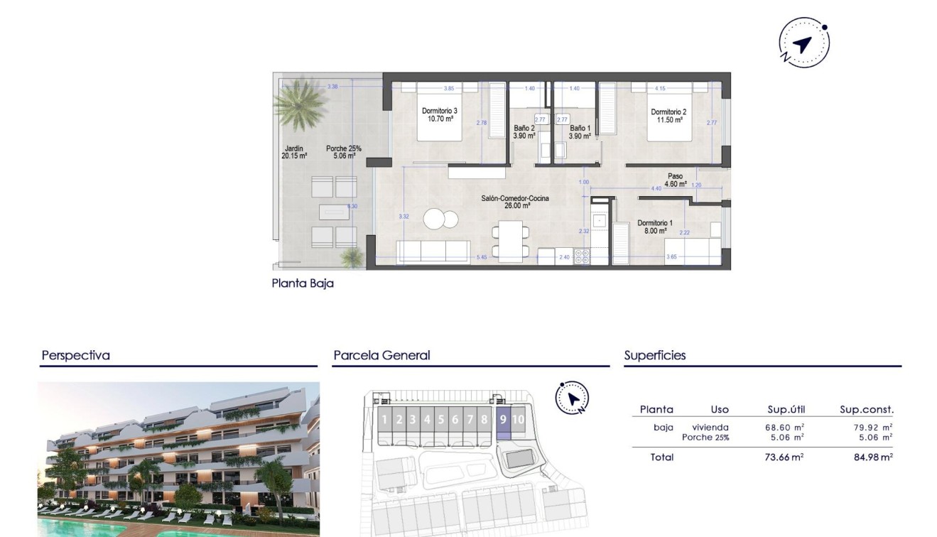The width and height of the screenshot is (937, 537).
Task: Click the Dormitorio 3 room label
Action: click(440, 115)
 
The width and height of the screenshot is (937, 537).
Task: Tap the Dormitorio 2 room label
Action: click(668, 116)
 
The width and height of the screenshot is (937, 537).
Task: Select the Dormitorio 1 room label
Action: click(655, 227)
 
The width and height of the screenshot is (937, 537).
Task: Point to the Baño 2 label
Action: click(524, 132)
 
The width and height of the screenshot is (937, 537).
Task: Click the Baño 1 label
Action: click(580, 132)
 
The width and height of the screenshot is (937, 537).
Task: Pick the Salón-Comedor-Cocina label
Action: click(514, 202)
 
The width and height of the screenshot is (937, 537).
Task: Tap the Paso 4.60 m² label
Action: click(675, 180)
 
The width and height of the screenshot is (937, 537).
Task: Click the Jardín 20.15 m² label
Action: click(293, 152)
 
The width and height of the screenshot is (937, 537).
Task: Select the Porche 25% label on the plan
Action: click(344, 152)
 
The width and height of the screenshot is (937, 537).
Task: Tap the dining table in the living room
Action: click(511, 239)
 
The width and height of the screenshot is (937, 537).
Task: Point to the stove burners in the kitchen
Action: click(582, 256)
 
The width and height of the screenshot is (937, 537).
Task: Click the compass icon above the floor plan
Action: click(804, 45)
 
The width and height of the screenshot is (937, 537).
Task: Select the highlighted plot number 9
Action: click(503, 419)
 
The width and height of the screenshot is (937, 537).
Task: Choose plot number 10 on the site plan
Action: click(519, 419)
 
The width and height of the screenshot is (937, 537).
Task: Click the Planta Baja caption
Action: click(303, 283)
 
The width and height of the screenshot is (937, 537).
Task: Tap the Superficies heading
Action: click(655, 355)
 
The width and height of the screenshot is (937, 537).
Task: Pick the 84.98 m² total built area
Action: click(873, 457)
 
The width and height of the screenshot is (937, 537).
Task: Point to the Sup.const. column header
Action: click(867, 409)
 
